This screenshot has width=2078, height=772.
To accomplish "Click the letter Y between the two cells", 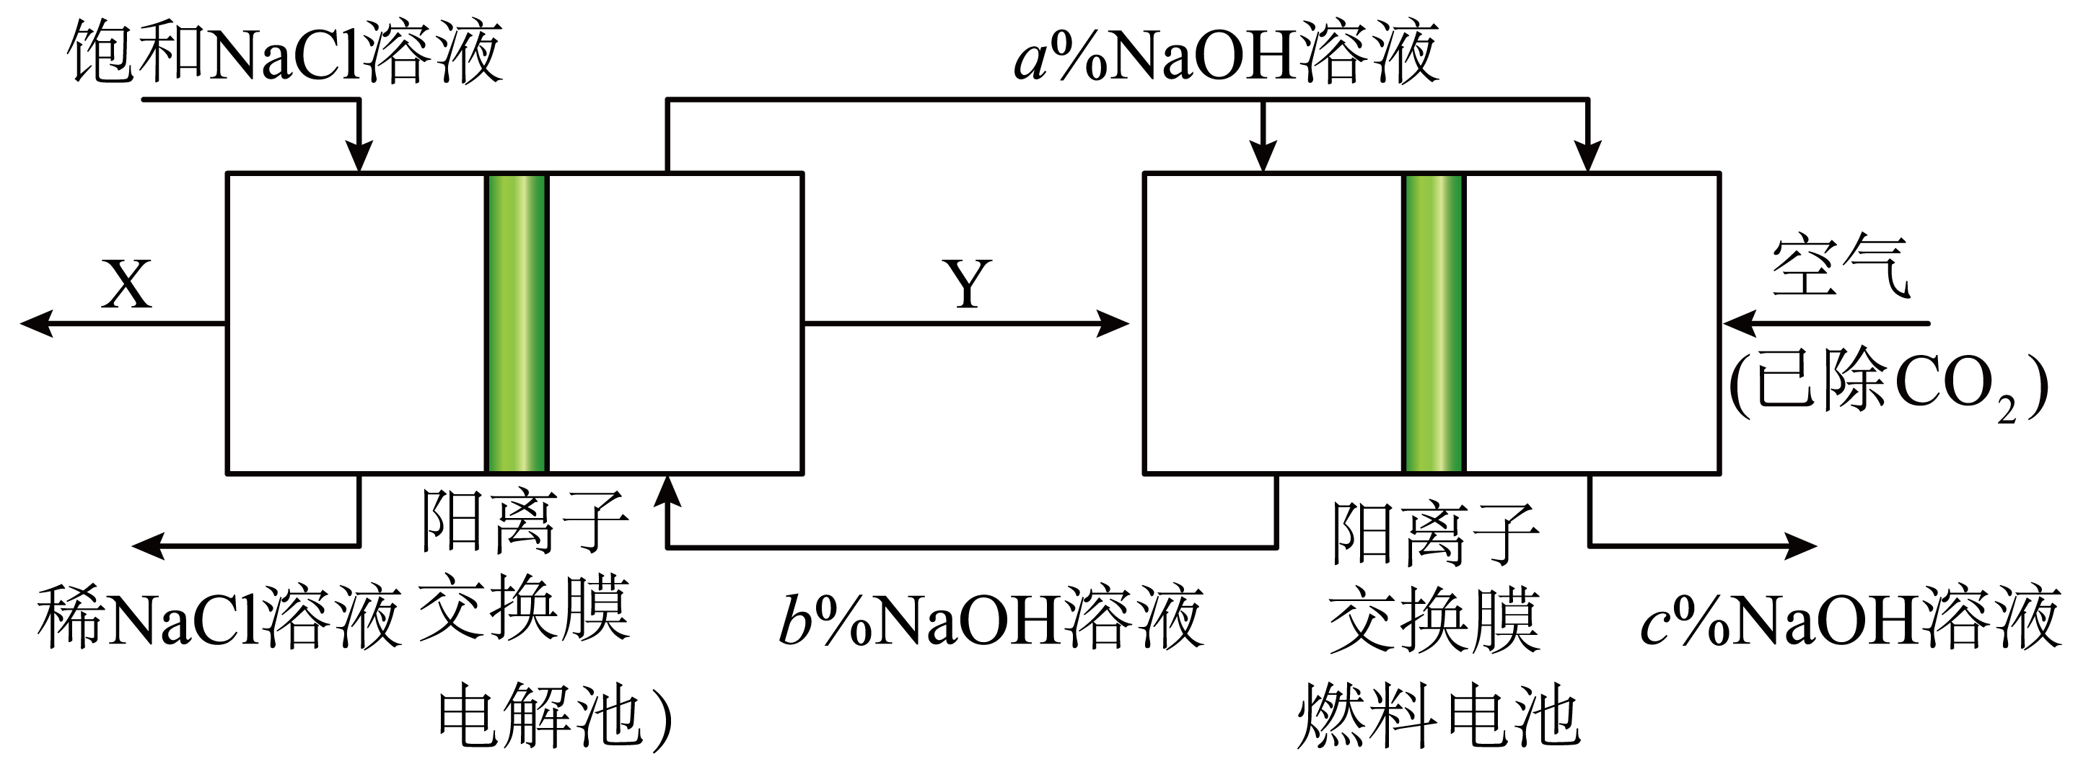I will tap(967, 286).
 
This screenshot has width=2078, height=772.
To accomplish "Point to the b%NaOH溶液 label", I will tap(991, 620).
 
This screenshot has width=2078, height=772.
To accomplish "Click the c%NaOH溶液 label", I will tap(1851, 620).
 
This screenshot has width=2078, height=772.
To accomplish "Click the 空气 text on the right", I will tap(1840, 266).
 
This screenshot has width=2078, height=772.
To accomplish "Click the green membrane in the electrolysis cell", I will tap(517, 323).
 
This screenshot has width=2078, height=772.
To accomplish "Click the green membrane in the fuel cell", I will tap(1434, 323).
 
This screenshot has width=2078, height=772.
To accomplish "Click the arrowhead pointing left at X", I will tap(36, 323).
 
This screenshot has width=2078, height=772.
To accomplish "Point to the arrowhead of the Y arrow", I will tap(1113, 323).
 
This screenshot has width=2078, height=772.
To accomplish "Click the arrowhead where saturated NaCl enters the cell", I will tap(359, 156).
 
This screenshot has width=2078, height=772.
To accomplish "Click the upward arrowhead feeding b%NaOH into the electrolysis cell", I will tap(667, 491).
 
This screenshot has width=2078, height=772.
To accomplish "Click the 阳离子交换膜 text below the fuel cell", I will tap(1434, 576).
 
